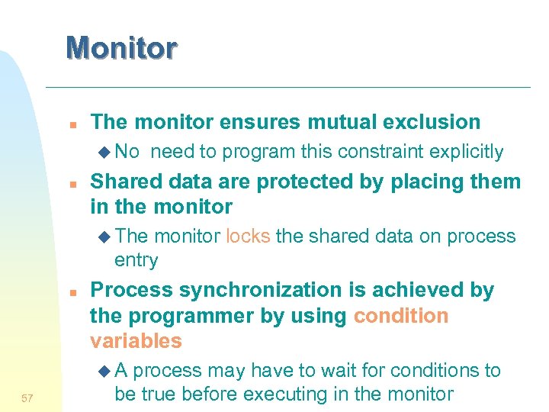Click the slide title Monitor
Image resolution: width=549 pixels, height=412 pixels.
pos(121,47)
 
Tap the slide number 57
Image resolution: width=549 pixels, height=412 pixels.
pos(27,398)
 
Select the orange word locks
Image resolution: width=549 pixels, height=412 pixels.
pos(248,237)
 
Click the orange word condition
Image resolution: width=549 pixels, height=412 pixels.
pos(401,316)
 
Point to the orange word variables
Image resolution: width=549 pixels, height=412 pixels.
pos(136,341)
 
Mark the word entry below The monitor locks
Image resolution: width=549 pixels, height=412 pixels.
pos(136,260)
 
